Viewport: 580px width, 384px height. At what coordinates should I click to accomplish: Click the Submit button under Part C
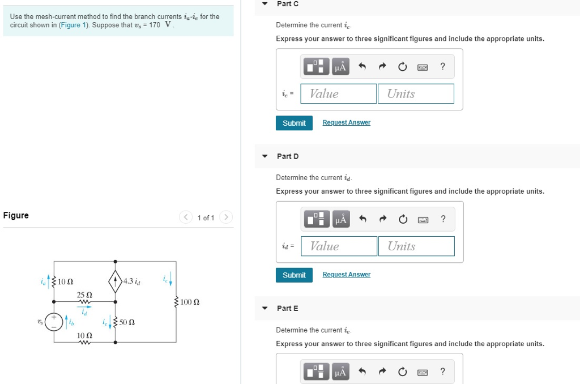(x=294, y=123)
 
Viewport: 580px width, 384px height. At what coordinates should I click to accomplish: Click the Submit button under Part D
(x=294, y=275)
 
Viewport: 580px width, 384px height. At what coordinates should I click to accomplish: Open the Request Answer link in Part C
(x=346, y=122)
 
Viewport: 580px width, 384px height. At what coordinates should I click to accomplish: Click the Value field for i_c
(x=338, y=94)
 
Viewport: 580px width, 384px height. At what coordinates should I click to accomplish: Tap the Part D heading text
(x=288, y=156)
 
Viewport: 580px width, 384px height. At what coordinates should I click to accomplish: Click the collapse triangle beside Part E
(x=265, y=308)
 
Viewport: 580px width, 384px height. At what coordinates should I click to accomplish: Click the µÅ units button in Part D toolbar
(x=340, y=219)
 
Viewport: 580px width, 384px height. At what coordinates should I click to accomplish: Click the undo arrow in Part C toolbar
(x=362, y=67)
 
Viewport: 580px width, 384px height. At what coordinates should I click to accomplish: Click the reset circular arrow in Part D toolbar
(x=402, y=219)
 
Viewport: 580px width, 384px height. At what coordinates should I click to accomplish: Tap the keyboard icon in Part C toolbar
(x=423, y=67)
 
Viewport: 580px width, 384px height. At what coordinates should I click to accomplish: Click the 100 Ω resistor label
(x=190, y=302)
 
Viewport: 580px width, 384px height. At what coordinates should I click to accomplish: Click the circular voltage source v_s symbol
(x=54, y=321)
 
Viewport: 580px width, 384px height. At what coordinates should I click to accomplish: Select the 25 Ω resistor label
(x=84, y=295)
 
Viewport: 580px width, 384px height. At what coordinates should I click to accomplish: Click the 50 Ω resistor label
(x=127, y=323)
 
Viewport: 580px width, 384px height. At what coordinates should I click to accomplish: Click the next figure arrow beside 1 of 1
(x=225, y=217)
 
